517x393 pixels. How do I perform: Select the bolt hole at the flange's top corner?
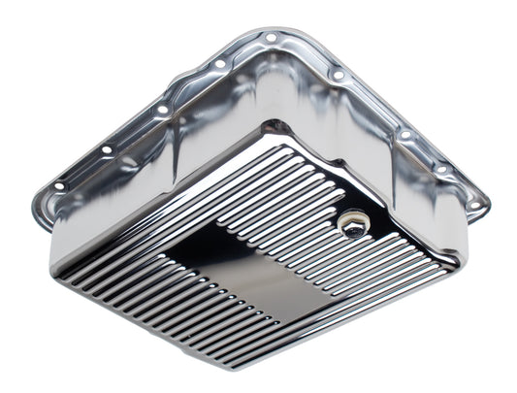(271, 38)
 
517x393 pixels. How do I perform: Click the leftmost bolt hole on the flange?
(59, 185)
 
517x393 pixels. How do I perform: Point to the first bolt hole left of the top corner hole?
(220, 64)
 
